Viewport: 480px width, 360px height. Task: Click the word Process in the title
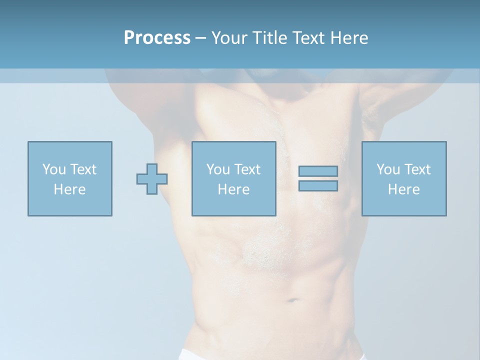point(157,38)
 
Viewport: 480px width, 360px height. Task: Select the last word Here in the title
point(349,38)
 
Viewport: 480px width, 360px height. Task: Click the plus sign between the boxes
point(152,179)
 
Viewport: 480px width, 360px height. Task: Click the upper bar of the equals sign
point(318,171)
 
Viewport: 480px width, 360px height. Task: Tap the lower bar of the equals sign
point(318,186)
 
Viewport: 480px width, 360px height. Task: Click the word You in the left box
point(54,169)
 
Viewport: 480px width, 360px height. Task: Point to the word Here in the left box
point(70,189)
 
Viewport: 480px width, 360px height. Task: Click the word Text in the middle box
point(247,169)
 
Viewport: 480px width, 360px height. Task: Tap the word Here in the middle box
point(234,189)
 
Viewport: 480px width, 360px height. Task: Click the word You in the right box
point(388,169)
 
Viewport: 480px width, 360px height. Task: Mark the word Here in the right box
point(404,189)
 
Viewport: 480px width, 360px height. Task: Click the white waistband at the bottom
point(200,355)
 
